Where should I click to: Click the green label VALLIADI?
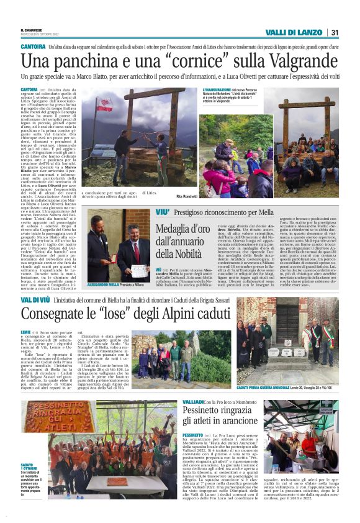tap(197, 402)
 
